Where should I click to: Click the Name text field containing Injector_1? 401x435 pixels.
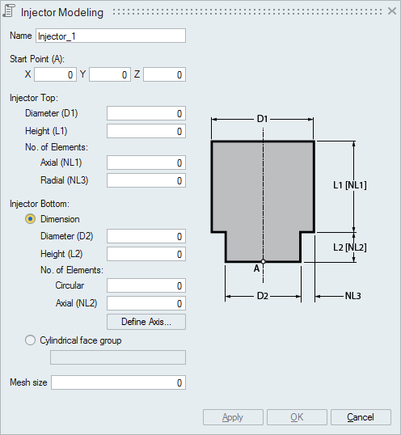click(111, 36)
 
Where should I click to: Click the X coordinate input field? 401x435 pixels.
click(55, 74)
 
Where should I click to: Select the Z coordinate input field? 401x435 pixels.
click(164, 74)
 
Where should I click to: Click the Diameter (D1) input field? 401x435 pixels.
click(146, 113)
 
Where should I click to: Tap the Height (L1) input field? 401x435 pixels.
click(146, 131)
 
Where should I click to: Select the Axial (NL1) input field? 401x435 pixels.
click(146, 163)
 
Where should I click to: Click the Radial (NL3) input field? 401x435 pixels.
click(146, 180)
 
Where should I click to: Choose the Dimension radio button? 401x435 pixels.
click(30, 219)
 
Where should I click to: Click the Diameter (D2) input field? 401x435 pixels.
click(146, 236)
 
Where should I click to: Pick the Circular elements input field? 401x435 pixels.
click(146, 285)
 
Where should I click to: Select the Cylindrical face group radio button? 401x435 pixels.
click(30, 340)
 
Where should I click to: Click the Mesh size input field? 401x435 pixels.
click(118, 382)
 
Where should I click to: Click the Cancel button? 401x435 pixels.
click(361, 417)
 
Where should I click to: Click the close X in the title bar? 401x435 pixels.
click(392, 11)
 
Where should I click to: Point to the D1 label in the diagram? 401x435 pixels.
click(262, 119)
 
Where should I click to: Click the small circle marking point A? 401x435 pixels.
click(264, 261)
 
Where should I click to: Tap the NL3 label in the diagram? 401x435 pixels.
click(352, 296)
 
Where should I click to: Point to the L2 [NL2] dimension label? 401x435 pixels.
click(350, 247)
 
